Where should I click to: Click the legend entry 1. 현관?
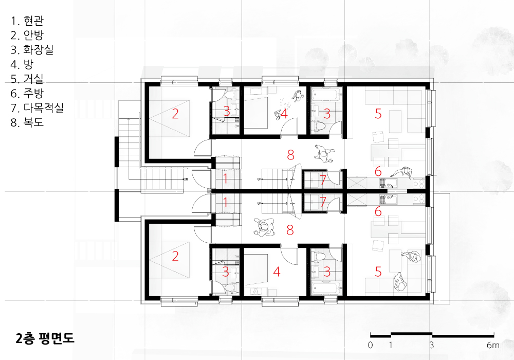[x=27, y=21]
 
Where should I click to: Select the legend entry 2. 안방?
[x=27, y=35]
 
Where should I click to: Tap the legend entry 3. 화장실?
[x=32, y=49]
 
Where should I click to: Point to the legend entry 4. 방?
[x=22, y=64]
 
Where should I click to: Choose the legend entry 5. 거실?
[x=27, y=79]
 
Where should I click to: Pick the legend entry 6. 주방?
[x=27, y=93]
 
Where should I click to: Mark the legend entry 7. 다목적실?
[x=36, y=107]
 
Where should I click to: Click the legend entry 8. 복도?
[x=27, y=122]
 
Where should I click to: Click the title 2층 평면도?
[x=45, y=338]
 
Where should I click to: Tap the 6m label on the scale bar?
[x=493, y=345]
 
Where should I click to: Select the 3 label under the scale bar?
[x=432, y=345]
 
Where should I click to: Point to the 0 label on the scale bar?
[x=371, y=345]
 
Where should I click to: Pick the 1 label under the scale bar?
[x=391, y=345]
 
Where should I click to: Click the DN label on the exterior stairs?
[x=186, y=179]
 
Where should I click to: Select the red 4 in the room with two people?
[x=284, y=114]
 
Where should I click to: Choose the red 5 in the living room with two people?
[x=378, y=272]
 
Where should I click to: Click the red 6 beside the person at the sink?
[x=378, y=171]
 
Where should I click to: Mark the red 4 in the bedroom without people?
[x=277, y=272]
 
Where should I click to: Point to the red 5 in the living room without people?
[x=378, y=114]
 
